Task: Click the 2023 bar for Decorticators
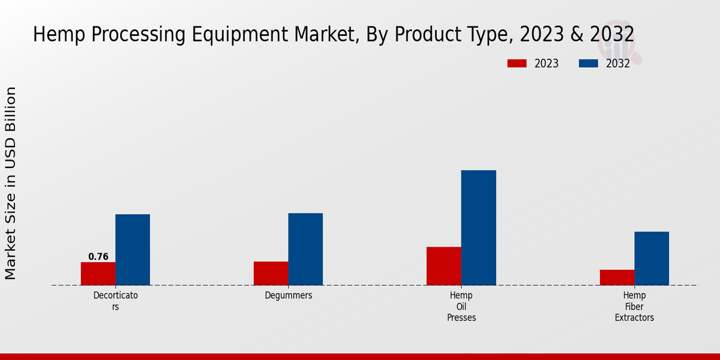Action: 98,274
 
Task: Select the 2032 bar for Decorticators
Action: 133,250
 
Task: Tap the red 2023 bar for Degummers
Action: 271,273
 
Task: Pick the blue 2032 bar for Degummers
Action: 305,249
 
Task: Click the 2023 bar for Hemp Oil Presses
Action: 444,266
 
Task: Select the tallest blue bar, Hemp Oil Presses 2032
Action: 479,227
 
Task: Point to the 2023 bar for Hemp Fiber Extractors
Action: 617,277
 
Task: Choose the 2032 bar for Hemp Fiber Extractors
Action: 652,258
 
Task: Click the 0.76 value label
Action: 98,257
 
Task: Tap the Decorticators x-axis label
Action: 115,301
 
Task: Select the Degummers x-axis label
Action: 289,296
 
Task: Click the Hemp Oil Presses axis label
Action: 461,307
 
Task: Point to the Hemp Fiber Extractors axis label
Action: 634,307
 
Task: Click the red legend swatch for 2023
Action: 517,64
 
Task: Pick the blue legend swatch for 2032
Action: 589,64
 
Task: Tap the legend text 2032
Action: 618,64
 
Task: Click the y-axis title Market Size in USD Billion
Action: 11,183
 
